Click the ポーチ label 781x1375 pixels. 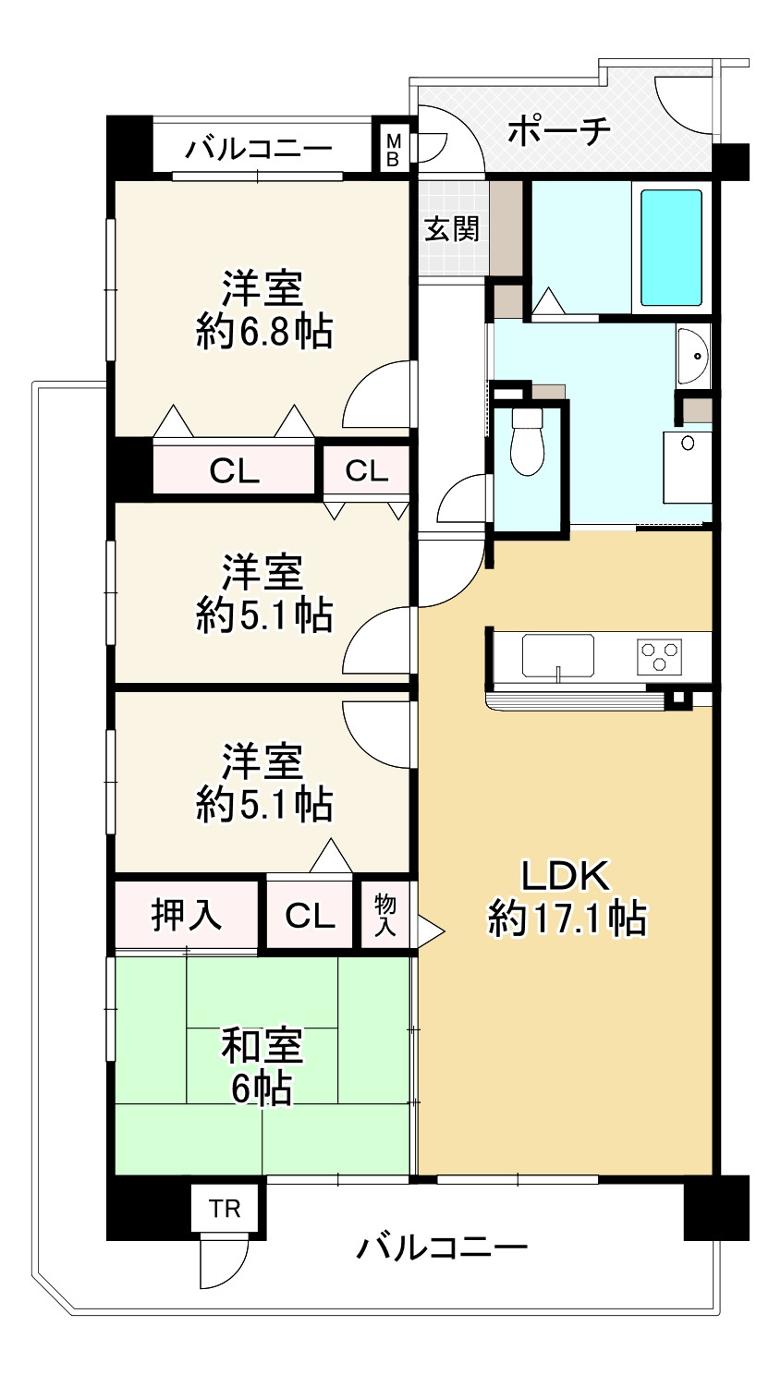coord(559,130)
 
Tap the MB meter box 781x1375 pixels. coord(392,150)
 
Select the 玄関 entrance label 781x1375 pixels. coord(452,229)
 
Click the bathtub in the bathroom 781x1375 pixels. coord(671,248)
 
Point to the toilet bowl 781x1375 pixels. coord(528,442)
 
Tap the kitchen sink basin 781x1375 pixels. coord(557,655)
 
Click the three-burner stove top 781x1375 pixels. coord(659,656)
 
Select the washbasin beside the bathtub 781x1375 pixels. coord(693,356)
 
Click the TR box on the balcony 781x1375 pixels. coord(226,1209)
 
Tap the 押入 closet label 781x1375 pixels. coord(186,915)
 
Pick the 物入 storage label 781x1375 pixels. coord(385,914)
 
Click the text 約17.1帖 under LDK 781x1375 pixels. coord(567,918)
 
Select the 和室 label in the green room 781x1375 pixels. coord(262,1046)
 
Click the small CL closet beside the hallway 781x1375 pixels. coord(367,471)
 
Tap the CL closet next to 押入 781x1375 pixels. coord(310,916)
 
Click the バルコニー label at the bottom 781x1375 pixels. coord(443,1247)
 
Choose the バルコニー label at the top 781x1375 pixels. coord(259,149)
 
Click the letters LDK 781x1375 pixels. coord(566,875)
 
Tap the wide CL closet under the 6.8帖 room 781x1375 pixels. coord(234,471)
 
